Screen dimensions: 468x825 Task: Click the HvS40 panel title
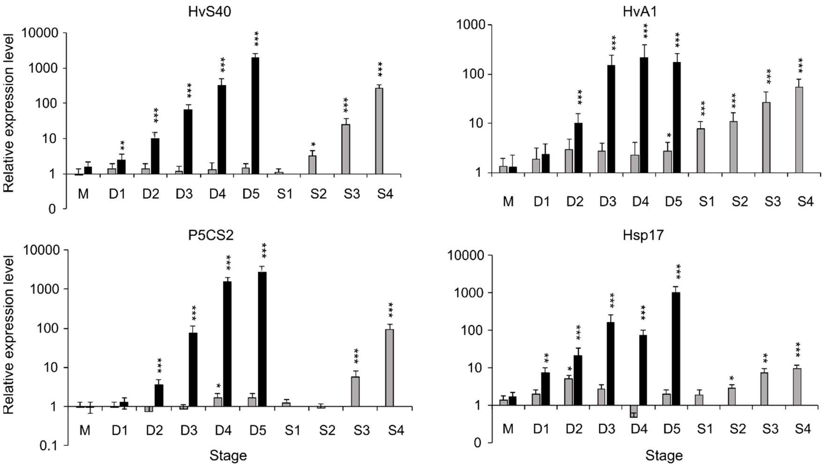pos(209,12)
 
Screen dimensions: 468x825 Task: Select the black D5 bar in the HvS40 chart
pos(255,116)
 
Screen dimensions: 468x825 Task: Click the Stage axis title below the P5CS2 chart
pos(228,456)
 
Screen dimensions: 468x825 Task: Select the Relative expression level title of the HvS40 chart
pos(9,112)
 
